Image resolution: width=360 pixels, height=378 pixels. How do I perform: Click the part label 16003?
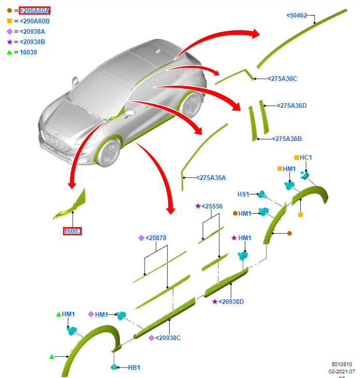pyautogui.click(x=73, y=231)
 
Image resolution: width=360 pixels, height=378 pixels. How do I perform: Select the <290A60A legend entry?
pyautogui.click(x=34, y=10)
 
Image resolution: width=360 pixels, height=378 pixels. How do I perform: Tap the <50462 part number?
pyautogui.click(x=297, y=16)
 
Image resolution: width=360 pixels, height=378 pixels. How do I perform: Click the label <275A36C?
pyautogui.click(x=282, y=79)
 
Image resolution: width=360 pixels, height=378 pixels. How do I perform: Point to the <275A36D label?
pyautogui.click(x=292, y=106)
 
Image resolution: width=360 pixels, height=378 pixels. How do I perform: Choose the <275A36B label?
pyautogui.click(x=287, y=138)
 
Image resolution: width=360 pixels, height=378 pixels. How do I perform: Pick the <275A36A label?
pyautogui.click(x=211, y=177)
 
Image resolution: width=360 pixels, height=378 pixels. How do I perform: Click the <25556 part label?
pyautogui.click(x=212, y=206)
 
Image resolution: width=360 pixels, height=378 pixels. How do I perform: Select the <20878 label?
pyautogui.click(x=156, y=238)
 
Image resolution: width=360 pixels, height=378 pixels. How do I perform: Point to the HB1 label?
pyautogui.click(x=134, y=368)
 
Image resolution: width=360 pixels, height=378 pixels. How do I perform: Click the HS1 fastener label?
pyautogui.click(x=243, y=194)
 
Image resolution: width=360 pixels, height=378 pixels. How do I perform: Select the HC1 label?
pyautogui.click(x=306, y=157)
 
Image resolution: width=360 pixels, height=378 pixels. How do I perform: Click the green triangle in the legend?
pyautogui.click(x=9, y=52)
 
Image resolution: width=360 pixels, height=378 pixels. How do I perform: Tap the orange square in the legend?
pyautogui.click(x=9, y=21)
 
